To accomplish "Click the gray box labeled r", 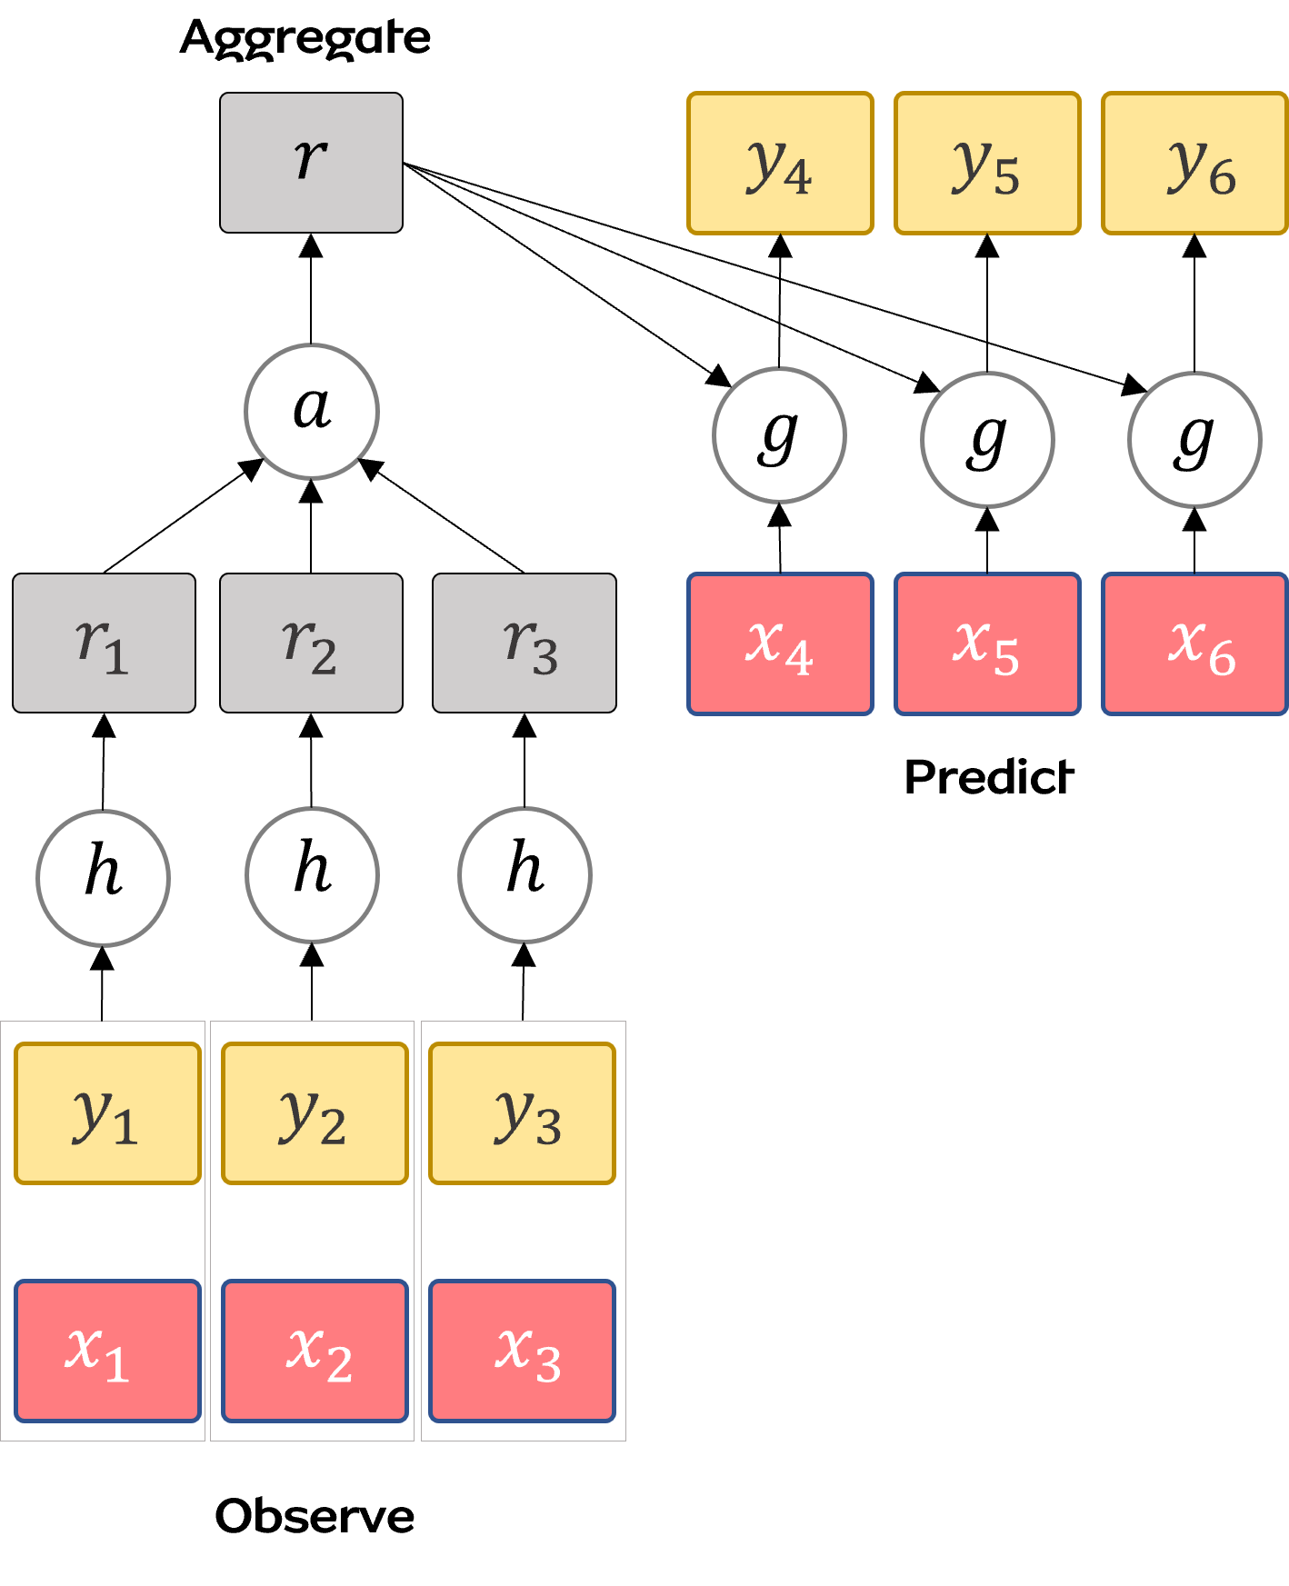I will click(x=311, y=163).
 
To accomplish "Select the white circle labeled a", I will click(x=312, y=411).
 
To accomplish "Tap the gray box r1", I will click(x=104, y=643).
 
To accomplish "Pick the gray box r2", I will click(x=311, y=643).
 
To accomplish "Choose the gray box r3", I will click(x=525, y=643).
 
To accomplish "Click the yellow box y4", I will click(x=780, y=164).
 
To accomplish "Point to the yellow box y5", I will click(x=987, y=164).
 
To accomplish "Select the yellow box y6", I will click(x=1194, y=164).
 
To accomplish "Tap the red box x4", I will click(x=780, y=643).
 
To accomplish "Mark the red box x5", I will click(x=987, y=643).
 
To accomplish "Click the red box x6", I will click(x=1194, y=643).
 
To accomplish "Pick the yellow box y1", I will click(x=107, y=1113).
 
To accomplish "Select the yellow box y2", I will click(x=315, y=1113).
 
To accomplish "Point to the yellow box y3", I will click(x=522, y=1113).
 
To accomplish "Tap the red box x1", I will click(x=107, y=1351).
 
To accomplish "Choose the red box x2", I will click(x=315, y=1351).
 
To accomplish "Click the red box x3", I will click(x=522, y=1351).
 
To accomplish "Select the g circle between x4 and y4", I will click(x=780, y=435).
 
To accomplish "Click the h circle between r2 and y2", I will click(x=312, y=874).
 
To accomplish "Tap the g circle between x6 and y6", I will click(x=1194, y=439).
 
